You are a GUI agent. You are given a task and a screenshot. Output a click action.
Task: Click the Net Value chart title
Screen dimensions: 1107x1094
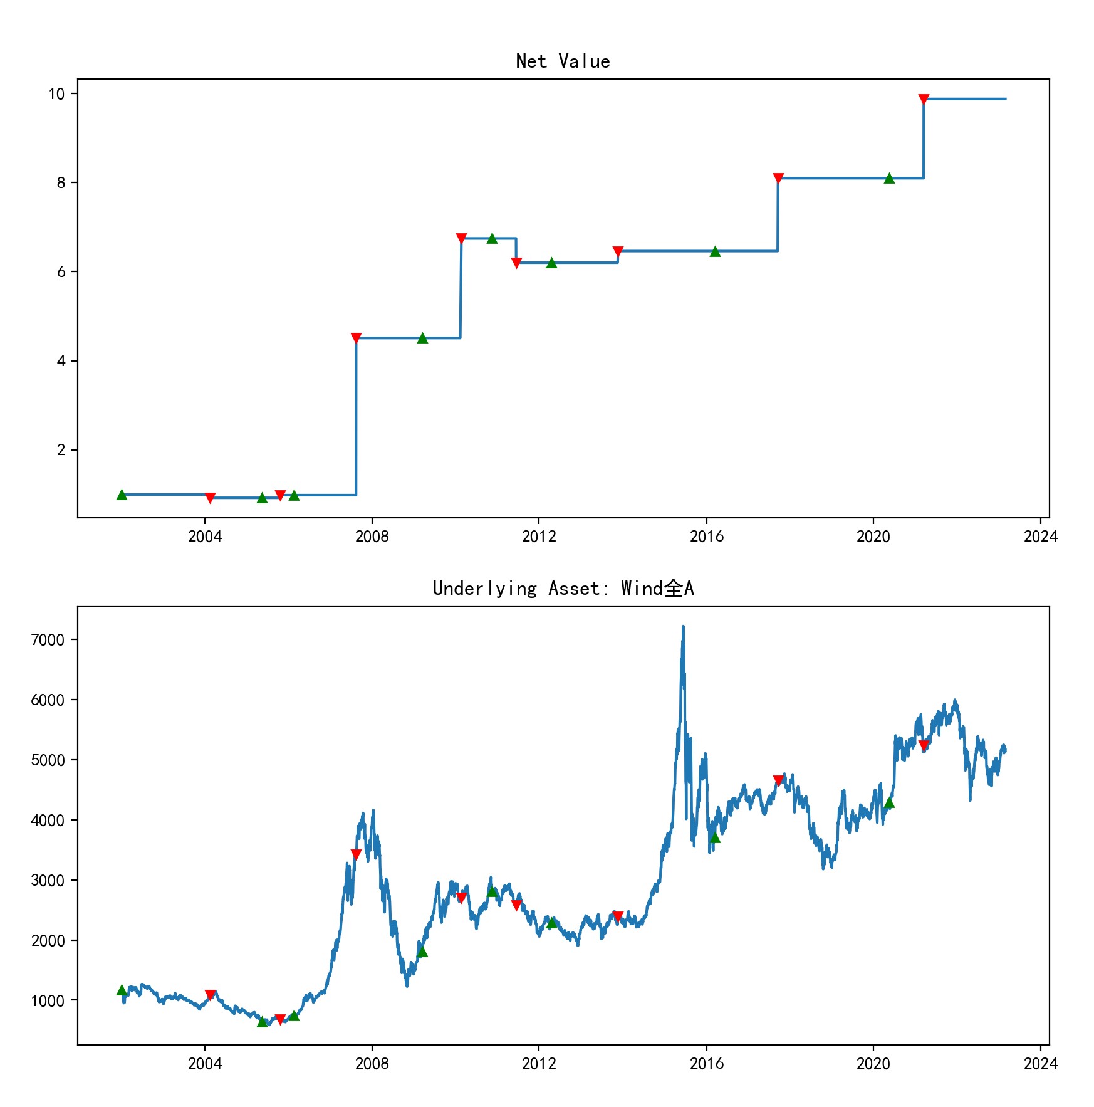tap(563, 61)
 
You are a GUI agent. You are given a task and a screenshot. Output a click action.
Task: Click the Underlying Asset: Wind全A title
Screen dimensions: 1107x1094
tap(563, 589)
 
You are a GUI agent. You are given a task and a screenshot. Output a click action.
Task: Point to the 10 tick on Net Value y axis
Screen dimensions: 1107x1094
tap(57, 94)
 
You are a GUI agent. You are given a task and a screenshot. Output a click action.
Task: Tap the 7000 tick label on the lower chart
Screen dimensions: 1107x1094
tap(48, 640)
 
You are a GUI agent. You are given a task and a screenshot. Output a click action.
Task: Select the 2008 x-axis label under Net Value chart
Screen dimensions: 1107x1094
tap(372, 537)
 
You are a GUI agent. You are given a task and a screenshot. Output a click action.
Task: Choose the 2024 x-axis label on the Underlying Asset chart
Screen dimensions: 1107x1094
tap(1040, 1064)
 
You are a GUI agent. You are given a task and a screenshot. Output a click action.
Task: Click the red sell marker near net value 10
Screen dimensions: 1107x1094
tap(923, 99)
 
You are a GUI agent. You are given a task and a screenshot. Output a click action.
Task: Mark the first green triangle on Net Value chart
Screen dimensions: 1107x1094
tap(122, 495)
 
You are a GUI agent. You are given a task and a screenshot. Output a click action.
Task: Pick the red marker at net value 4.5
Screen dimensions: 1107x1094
tap(356, 338)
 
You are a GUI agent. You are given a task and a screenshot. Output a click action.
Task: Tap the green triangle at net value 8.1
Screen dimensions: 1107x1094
tap(888, 179)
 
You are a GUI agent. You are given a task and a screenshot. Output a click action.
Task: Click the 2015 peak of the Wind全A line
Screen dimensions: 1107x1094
tap(683, 627)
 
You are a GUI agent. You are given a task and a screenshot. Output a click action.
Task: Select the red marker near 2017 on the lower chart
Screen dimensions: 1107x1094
tap(778, 780)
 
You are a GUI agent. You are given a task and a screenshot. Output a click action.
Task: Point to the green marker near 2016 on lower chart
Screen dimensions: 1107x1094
tap(715, 838)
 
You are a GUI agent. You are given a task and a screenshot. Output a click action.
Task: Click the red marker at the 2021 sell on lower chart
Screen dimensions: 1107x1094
tap(923, 745)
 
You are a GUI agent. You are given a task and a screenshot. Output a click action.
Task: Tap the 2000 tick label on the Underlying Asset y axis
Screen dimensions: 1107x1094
tap(48, 941)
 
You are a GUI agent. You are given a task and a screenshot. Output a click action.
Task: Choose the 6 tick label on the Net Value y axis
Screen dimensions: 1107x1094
tap(61, 272)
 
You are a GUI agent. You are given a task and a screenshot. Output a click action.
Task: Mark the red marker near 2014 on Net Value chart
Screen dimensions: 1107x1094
tap(618, 251)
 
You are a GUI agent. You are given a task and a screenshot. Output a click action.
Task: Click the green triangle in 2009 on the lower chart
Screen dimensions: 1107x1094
tap(422, 952)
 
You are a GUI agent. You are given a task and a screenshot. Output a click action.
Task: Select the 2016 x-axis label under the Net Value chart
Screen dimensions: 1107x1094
tap(706, 537)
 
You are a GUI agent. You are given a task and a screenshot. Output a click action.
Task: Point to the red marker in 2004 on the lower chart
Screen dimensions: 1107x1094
tap(210, 995)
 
